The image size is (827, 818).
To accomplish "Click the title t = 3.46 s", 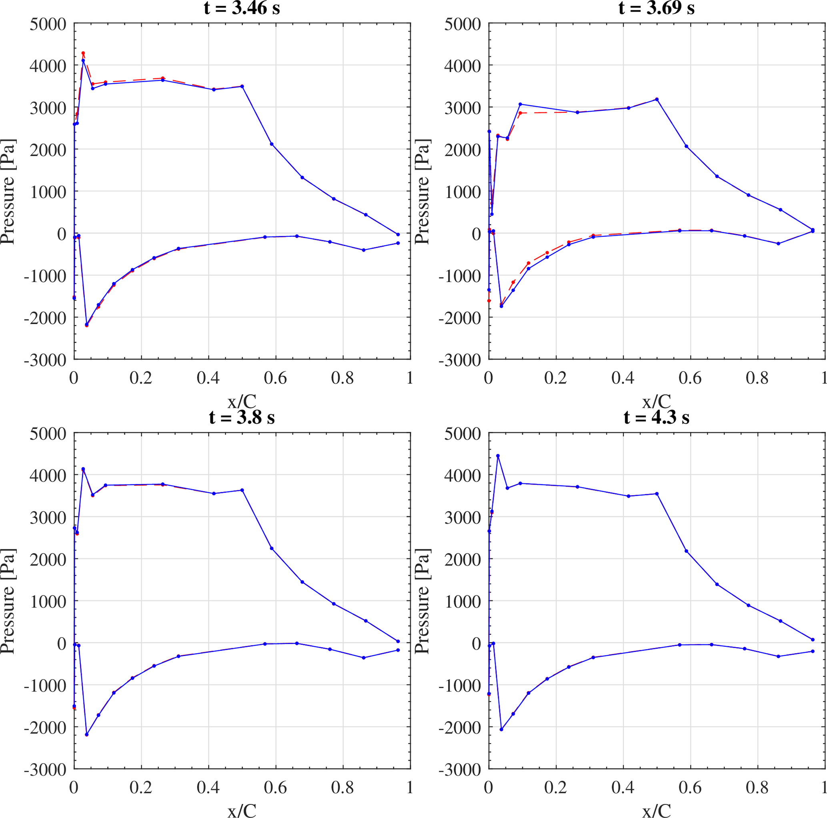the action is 242,7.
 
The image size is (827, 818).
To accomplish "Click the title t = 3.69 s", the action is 656,7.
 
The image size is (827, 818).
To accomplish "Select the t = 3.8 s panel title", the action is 242,417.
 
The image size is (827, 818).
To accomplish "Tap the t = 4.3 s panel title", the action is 656,417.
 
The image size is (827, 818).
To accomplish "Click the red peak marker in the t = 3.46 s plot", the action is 83,53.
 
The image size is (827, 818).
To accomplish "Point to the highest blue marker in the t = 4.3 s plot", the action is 498,456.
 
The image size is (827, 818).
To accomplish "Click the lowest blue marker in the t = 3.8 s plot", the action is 86,734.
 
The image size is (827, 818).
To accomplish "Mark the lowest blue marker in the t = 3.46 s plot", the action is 86,325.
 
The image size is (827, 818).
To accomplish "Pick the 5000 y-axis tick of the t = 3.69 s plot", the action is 462,24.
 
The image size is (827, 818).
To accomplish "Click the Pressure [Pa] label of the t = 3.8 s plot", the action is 8,601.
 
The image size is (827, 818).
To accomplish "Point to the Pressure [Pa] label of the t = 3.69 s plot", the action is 422,191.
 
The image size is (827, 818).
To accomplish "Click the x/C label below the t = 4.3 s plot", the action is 656,810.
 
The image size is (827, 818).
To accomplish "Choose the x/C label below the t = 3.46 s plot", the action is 242,401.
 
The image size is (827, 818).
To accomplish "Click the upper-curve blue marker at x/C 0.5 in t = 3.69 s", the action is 657,99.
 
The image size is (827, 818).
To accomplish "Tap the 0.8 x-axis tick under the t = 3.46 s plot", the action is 342,378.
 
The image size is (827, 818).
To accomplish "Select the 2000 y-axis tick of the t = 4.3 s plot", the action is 462,559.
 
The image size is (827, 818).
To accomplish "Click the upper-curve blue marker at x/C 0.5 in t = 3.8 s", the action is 242,490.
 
